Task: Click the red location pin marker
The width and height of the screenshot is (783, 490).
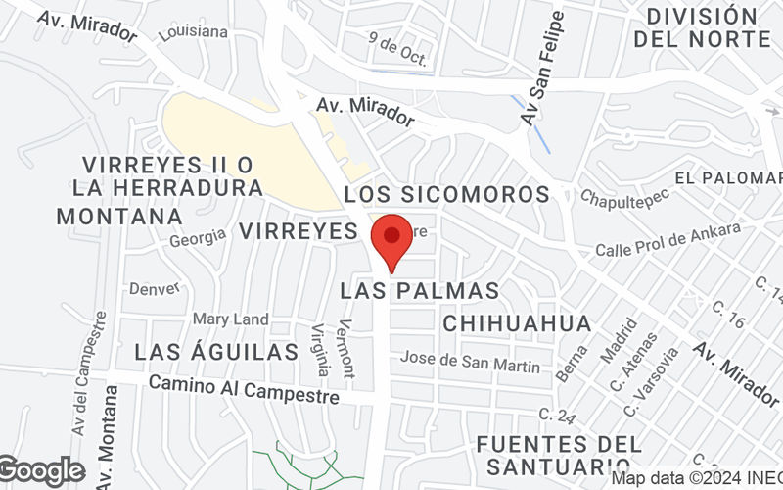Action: click(x=392, y=239)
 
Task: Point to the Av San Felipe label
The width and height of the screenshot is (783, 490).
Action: click(x=543, y=69)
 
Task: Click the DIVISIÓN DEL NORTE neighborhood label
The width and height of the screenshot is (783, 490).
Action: click(x=702, y=27)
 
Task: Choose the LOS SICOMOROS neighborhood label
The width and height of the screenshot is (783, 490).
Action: click(x=447, y=193)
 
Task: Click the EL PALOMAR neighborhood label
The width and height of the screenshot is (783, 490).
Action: click(x=729, y=177)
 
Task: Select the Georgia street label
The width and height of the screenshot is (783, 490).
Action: click(x=197, y=237)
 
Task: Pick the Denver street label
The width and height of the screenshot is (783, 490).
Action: click(x=155, y=288)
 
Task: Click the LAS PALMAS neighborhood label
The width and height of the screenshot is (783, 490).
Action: click(x=420, y=291)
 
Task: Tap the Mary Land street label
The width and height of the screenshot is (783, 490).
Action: click(x=230, y=319)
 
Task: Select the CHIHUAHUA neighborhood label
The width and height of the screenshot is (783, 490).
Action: click(x=517, y=323)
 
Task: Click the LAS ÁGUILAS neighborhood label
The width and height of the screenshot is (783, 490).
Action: click(x=215, y=352)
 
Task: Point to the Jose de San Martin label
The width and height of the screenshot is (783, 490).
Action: click(x=470, y=362)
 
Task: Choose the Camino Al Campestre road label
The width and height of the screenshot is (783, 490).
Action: click(x=244, y=389)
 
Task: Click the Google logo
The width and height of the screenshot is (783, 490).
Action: click(x=41, y=471)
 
